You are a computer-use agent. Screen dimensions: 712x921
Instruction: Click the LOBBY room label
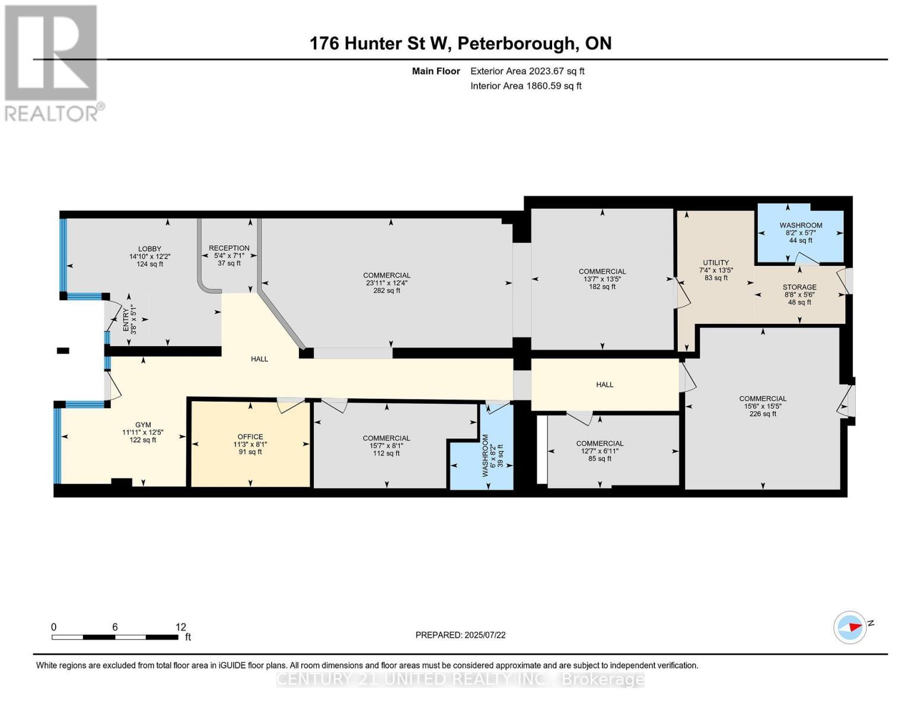(149, 249)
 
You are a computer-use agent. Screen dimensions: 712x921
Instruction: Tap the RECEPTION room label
(229, 248)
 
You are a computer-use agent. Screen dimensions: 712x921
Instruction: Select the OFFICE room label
(250, 437)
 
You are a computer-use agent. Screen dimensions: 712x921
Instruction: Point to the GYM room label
(143, 425)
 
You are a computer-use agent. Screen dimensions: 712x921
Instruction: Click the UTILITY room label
(716, 262)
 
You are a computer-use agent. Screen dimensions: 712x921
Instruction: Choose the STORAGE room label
(799, 287)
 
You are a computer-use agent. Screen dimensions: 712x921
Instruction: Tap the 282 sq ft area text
(387, 291)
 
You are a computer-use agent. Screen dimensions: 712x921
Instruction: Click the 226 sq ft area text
(763, 414)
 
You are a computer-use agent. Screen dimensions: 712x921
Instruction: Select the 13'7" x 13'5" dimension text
(602, 279)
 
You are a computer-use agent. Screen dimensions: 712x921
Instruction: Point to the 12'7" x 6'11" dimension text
(600, 451)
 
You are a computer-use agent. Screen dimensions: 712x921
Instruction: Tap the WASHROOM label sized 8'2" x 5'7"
(801, 225)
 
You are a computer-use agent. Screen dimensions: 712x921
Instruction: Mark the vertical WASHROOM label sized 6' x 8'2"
(485, 456)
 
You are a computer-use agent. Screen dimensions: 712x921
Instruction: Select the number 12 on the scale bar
(181, 627)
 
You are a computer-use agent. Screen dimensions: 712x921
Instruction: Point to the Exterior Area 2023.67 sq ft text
(527, 71)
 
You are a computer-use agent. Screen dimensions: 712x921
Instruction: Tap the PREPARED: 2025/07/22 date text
(460, 635)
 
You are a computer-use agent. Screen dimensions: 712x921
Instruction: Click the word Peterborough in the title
(517, 43)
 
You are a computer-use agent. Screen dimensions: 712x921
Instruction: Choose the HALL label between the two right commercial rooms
(604, 384)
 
